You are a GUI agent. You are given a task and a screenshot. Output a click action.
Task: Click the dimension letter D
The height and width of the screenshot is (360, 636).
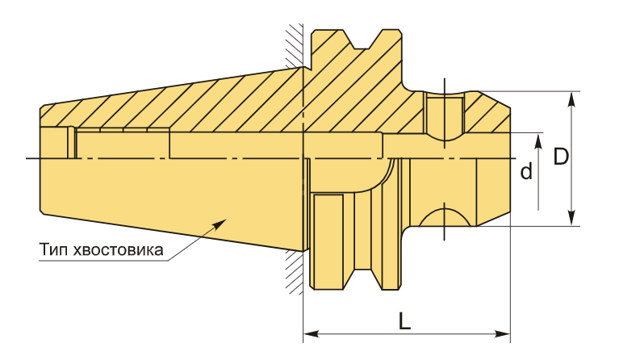pyautogui.click(x=562, y=157)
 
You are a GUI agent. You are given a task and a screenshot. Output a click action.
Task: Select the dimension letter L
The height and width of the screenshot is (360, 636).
pyautogui.click(x=404, y=321)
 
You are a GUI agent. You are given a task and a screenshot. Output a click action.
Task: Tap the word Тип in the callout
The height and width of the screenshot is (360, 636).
pyautogui.click(x=53, y=249)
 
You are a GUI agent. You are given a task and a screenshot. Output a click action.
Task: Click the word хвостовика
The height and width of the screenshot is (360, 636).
pyautogui.click(x=119, y=250)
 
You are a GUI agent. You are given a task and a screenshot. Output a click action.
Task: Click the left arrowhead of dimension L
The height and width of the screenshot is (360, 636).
pyautogui.click(x=311, y=334)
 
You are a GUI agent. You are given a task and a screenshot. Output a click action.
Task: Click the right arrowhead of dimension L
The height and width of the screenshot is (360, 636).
pyautogui.click(x=503, y=334)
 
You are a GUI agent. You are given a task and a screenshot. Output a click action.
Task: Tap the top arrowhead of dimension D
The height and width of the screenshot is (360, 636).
pyautogui.click(x=571, y=99)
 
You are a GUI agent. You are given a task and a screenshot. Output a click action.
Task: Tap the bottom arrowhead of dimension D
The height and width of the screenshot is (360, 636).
pyautogui.click(x=571, y=218)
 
